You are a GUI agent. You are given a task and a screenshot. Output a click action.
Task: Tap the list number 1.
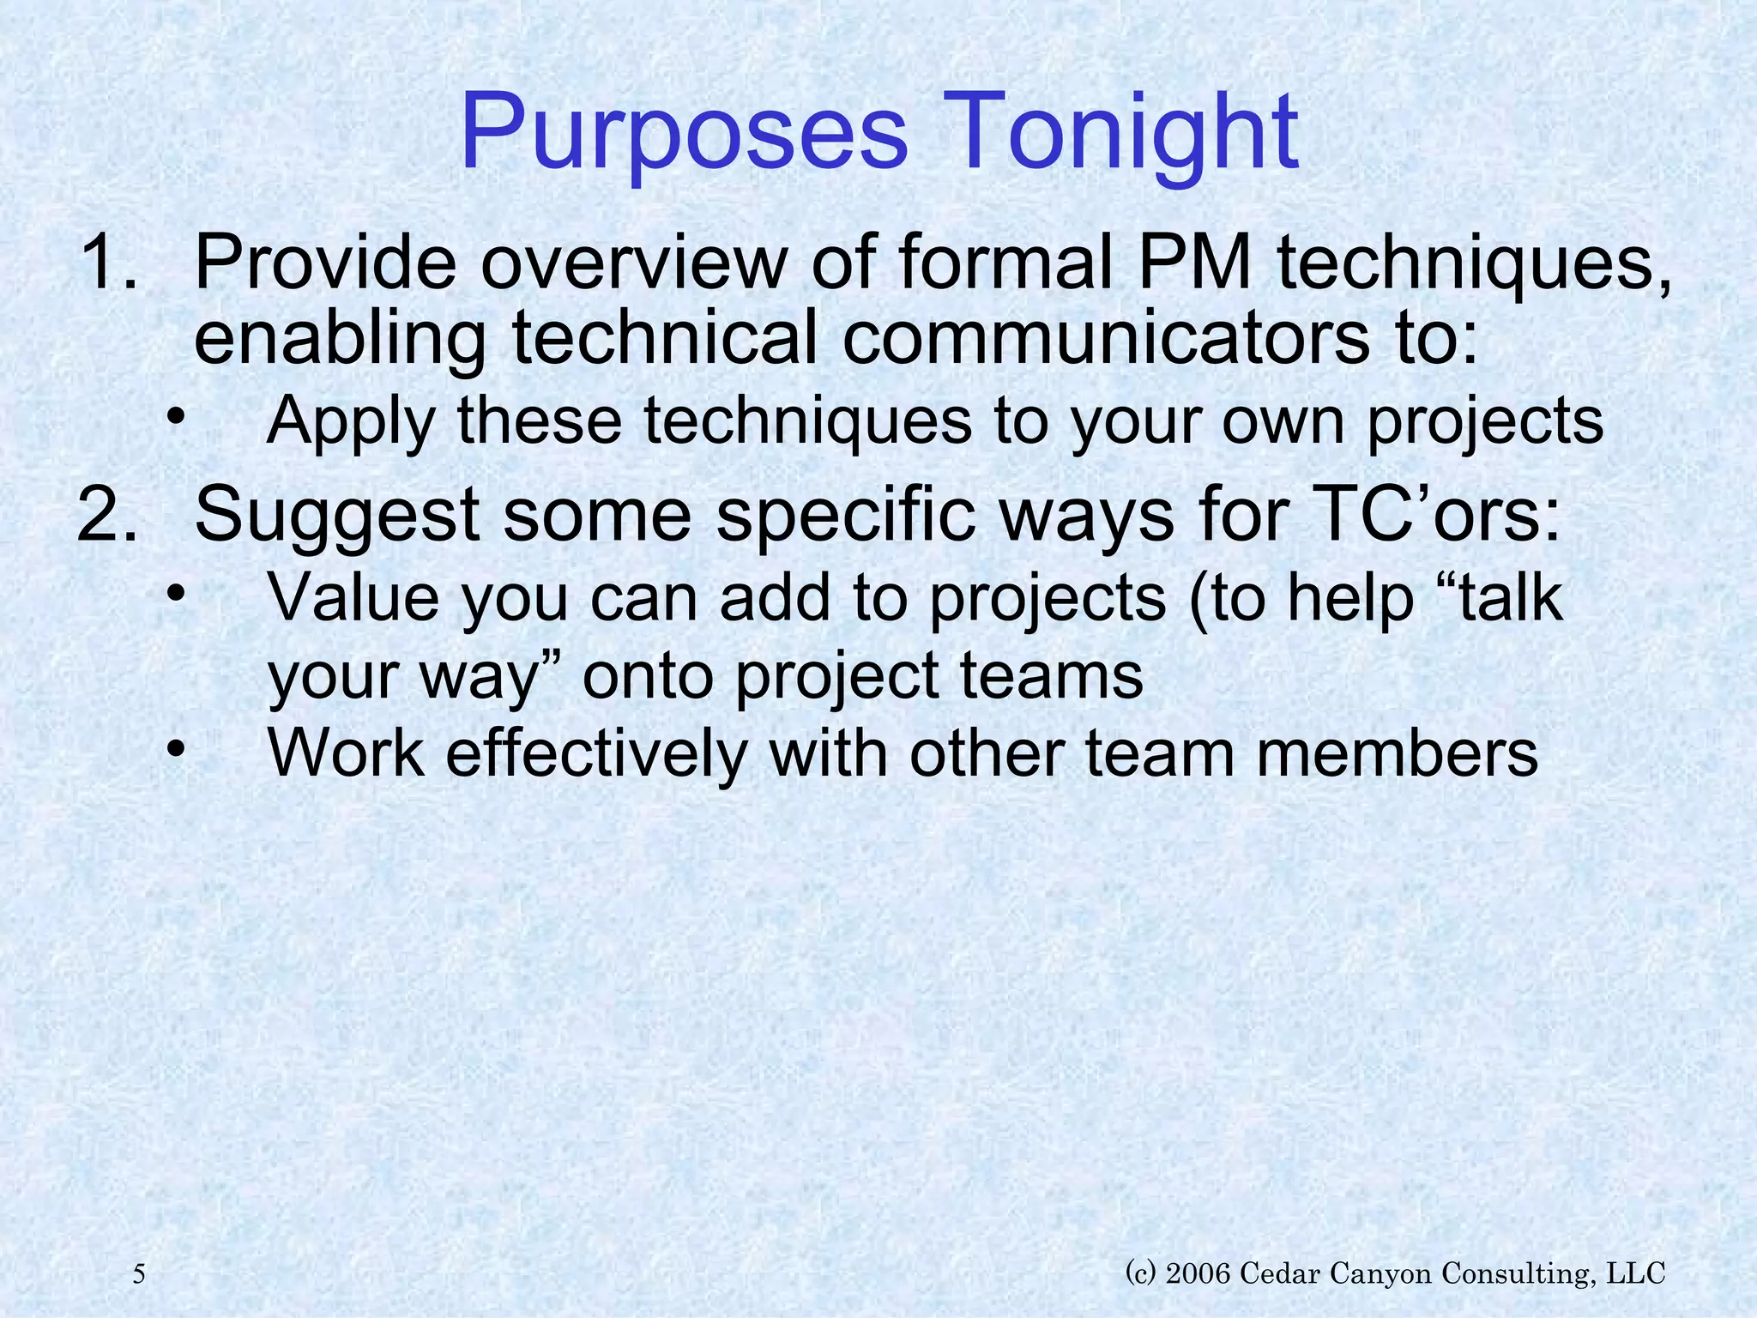pyautogui.click(x=107, y=263)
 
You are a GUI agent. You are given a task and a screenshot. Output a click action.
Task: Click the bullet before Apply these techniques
pyautogui.click(x=176, y=420)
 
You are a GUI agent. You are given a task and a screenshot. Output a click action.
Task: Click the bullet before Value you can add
pyautogui.click(x=176, y=596)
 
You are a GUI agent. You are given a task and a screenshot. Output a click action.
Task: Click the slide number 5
pyautogui.click(x=140, y=1274)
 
